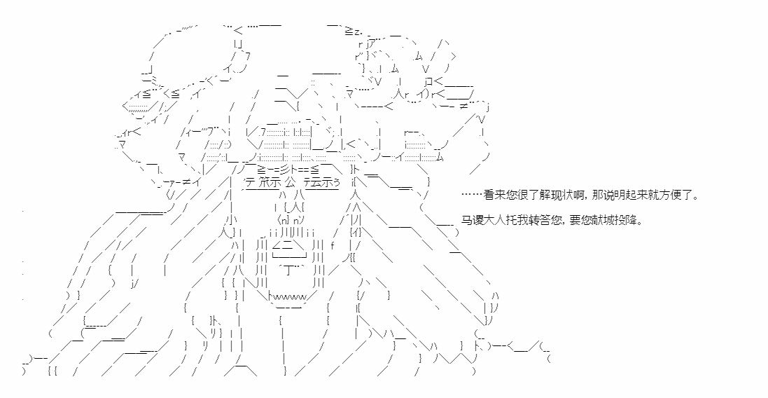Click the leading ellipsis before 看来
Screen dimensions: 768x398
[x=472, y=195]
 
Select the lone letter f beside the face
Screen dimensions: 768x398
[x=333, y=245]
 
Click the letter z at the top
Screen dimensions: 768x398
[x=357, y=32]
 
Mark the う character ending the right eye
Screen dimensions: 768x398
[x=337, y=182]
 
